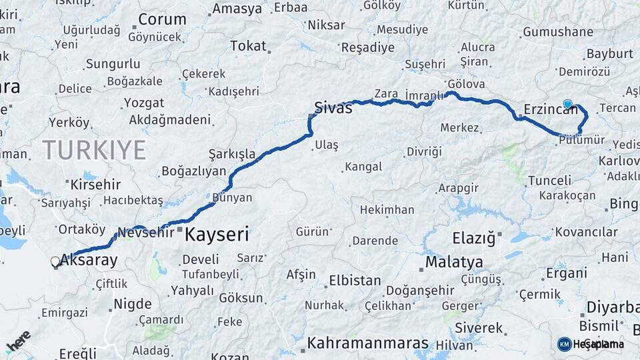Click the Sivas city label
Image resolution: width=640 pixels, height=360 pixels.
(333, 107)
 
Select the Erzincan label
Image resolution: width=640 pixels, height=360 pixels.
(551, 109)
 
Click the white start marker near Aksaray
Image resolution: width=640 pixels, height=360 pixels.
(55, 263)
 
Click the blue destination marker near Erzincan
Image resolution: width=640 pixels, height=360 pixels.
(567, 104)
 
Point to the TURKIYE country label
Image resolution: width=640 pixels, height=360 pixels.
(94, 150)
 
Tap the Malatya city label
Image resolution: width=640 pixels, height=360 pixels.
(454, 261)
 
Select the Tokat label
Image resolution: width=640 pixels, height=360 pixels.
(248, 46)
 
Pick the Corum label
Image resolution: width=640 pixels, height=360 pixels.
(161, 19)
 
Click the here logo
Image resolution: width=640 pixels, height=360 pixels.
(19, 341)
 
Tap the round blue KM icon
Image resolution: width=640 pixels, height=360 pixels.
(564, 344)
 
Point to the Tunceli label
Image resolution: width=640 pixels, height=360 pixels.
(549, 181)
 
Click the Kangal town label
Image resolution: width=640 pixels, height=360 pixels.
(363, 167)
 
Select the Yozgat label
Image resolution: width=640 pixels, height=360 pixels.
(144, 103)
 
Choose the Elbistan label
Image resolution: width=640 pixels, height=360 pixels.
(355, 281)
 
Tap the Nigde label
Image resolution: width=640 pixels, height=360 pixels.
(133, 304)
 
